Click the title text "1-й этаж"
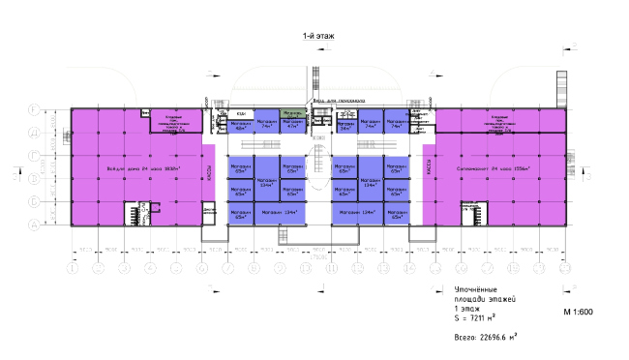click(316, 36)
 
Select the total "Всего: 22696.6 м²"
click(485, 338)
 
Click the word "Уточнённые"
click(477, 291)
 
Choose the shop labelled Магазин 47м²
click(290, 125)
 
